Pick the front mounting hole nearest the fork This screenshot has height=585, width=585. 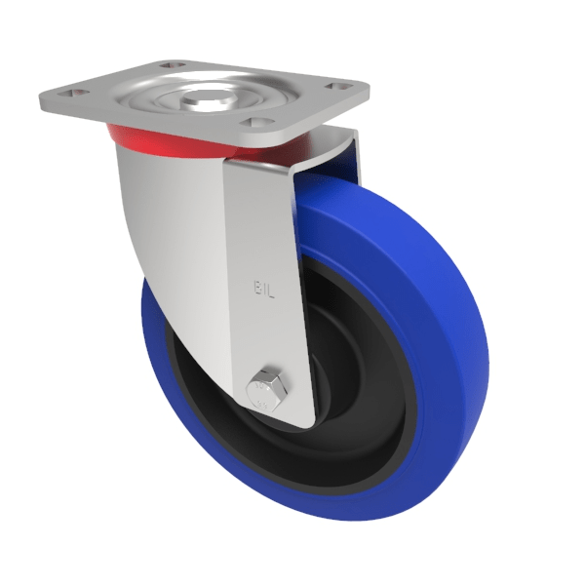point(256,123)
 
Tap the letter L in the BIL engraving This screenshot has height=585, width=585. point(272,289)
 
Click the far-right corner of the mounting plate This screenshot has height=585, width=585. point(367,86)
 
